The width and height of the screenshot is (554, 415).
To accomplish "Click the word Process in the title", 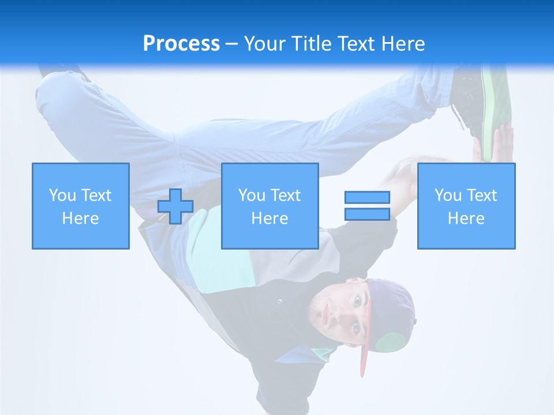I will click(x=181, y=44).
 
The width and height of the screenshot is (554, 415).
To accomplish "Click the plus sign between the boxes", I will click(x=175, y=206).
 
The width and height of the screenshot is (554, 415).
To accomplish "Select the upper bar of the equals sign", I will click(x=367, y=197).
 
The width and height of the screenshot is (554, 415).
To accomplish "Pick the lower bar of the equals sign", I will click(x=367, y=214).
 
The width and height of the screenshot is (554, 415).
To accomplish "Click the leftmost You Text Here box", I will click(x=81, y=206).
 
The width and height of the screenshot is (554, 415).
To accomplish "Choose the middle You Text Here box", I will click(x=269, y=206).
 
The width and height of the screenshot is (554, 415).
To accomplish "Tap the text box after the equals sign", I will click(x=466, y=206).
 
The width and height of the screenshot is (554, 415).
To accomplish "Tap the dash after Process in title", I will click(x=231, y=44).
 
